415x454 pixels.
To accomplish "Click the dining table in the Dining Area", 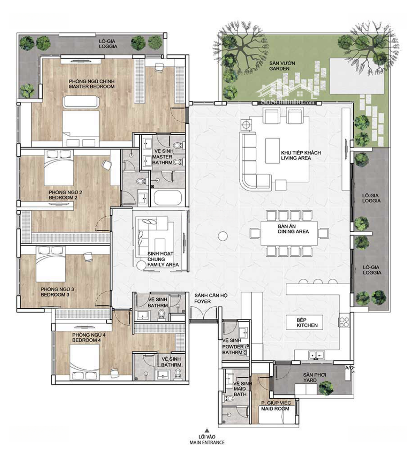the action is click(x=289, y=233).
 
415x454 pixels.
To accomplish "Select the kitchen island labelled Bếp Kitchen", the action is click(x=304, y=322).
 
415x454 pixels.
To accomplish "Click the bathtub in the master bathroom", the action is click(x=167, y=197).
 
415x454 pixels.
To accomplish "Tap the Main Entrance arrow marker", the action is click(x=207, y=431).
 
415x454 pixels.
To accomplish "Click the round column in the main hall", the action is click(x=223, y=236).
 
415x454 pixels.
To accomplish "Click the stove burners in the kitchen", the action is click(x=344, y=322).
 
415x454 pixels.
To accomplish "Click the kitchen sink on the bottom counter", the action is click(x=316, y=355).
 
